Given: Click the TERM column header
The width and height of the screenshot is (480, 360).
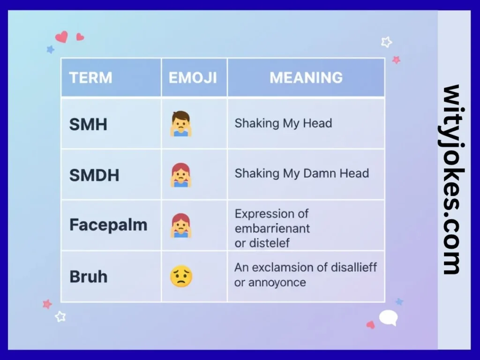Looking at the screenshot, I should coord(90,78).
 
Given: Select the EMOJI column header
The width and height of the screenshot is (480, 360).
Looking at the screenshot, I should coord(193,78).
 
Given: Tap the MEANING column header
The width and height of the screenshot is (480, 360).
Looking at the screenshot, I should coord(306,78).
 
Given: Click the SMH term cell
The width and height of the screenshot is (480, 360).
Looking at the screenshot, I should coord(88,124).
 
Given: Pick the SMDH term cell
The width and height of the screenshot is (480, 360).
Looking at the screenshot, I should coord(94,175).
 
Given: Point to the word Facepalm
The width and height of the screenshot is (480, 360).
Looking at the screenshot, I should coord(108,225).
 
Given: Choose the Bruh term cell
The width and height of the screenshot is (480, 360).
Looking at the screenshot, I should coord(88,277).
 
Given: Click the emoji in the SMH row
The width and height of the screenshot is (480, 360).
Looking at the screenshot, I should coord(181,124).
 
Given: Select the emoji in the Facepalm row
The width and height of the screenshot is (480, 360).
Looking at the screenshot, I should coord(181,225).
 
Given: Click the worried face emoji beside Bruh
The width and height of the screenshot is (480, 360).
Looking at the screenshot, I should coord(181,277).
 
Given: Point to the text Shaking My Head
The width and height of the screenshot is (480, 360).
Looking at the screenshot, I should coord(283,123).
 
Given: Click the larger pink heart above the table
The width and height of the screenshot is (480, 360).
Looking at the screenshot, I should coord(61,37).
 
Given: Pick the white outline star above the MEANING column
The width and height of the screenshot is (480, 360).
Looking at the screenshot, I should coord(386,42).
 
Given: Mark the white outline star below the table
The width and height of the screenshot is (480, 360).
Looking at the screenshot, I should coord(60,316).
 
